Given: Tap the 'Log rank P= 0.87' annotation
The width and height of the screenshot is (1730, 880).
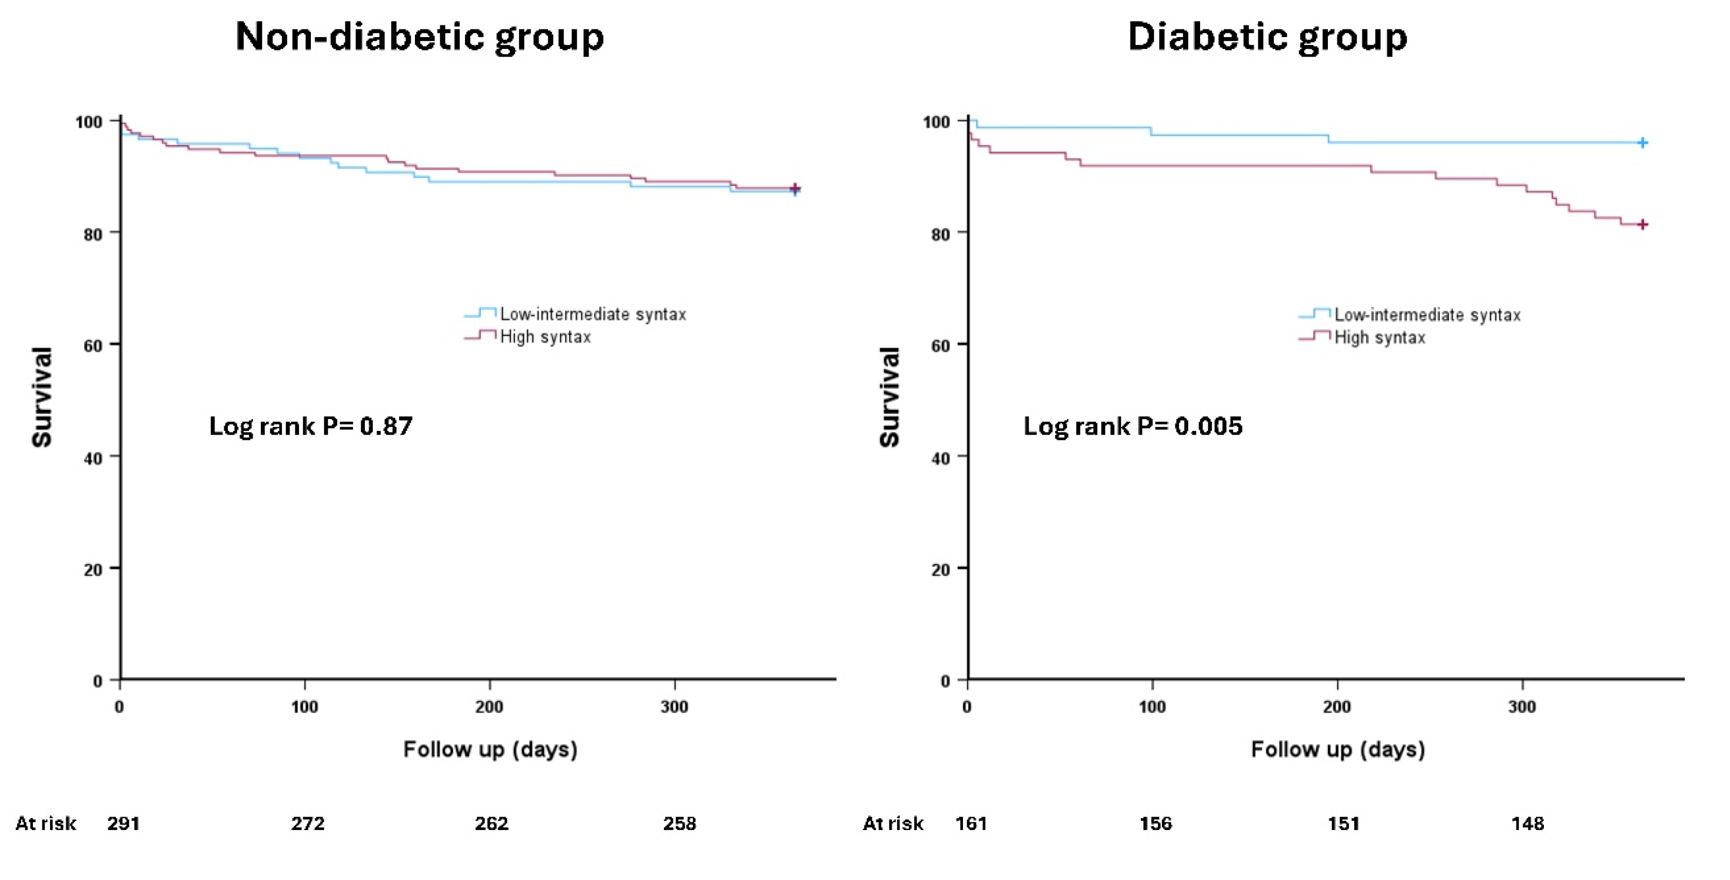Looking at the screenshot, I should point(310,426).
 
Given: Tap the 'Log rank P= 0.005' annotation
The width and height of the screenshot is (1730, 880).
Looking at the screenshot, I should point(1133,426).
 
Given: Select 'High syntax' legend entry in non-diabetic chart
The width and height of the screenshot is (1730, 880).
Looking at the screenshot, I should point(545,337).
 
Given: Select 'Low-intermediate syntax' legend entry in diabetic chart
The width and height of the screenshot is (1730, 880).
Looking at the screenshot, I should point(1426,314).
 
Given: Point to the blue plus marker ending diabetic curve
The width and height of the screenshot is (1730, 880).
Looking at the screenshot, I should point(1642,142).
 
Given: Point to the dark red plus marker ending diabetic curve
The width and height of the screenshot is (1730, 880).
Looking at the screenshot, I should point(1642,224).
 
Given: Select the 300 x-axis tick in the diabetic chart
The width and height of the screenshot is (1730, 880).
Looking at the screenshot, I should point(1522,707).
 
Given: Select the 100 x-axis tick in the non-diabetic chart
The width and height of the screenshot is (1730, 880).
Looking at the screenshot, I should point(304,707).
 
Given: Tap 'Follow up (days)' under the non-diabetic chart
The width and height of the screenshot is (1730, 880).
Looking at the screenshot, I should point(490,749).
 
